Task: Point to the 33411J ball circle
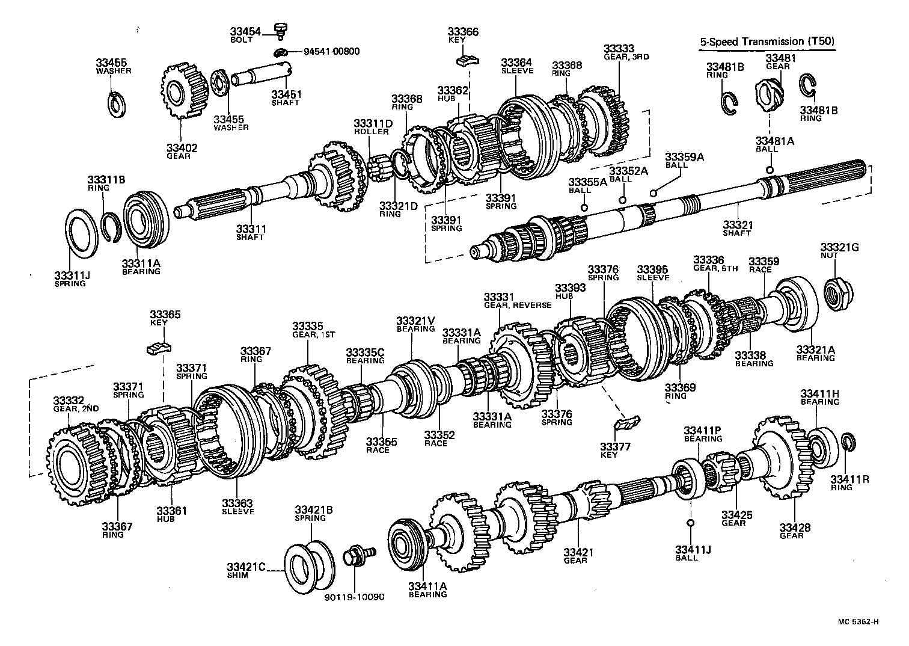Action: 691,522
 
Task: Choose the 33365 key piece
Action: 159,347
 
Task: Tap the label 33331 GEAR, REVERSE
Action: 517,301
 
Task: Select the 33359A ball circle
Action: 653,192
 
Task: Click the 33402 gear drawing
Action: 182,92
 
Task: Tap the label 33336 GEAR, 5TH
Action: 715,264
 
